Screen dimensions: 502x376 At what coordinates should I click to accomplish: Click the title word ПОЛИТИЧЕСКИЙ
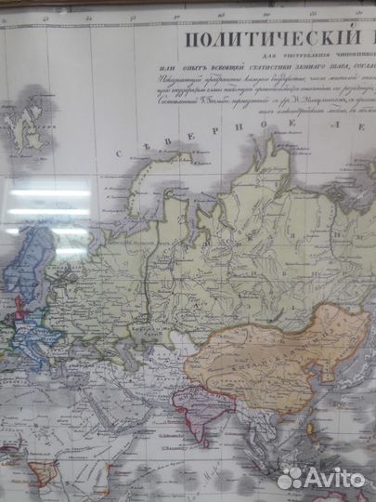coord(261,39)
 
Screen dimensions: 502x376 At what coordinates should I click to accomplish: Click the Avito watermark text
coord(335,478)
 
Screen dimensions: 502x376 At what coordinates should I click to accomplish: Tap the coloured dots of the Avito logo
coord(291,478)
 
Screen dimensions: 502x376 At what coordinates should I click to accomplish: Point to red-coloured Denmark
coord(19,296)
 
